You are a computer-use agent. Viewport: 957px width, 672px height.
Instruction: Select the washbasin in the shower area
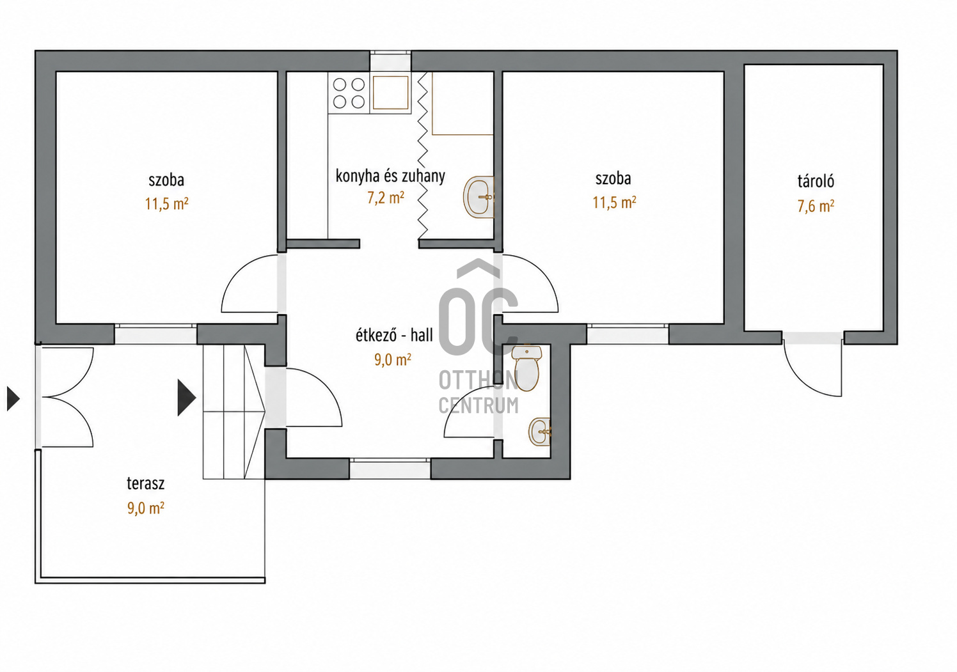pyautogui.click(x=478, y=197)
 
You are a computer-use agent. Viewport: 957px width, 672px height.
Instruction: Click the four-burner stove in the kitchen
pyautogui.click(x=349, y=93)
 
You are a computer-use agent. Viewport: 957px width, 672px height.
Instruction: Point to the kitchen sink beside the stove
pyautogui.click(x=390, y=93)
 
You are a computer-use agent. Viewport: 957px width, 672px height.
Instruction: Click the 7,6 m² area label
pyautogui.click(x=816, y=207)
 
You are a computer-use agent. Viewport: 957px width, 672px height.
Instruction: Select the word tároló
pyautogui.click(x=816, y=181)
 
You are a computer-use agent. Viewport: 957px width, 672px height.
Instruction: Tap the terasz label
pyautogui.click(x=145, y=484)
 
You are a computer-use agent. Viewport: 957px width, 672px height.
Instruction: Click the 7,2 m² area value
pyautogui.click(x=386, y=198)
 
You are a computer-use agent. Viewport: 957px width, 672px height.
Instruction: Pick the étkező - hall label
pyautogui.click(x=394, y=335)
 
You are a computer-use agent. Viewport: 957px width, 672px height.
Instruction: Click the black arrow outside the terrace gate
pyautogui.click(x=13, y=398)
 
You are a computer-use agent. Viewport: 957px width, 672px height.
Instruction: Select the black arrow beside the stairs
pyautogui.click(x=187, y=398)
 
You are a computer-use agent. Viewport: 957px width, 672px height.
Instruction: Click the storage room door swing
pyautogui.click(x=812, y=371)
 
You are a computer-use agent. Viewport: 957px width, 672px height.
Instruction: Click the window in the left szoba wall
pyautogui.click(x=155, y=334)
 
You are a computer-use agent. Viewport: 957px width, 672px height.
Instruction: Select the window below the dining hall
pyautogui.click(x=390, y=469)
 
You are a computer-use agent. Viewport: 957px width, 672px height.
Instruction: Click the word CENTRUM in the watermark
pyautogui.click(x=478, y=405)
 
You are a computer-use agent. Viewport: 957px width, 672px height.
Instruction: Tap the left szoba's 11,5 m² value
pyautogui.click(x=166, y=204)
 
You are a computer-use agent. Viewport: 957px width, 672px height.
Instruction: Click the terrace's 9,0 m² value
pyautogui.click(x=145, y=508)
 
